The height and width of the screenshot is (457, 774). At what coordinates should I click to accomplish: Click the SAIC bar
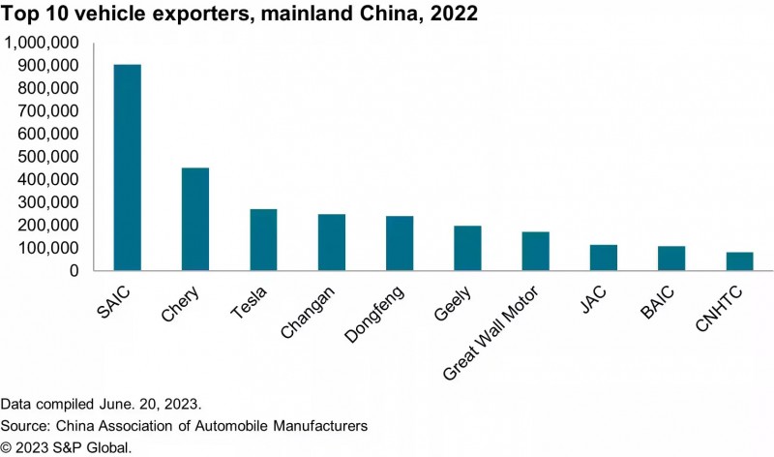128,168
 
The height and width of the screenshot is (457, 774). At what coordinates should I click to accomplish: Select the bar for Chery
195,219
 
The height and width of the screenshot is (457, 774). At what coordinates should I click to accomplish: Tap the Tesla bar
263,239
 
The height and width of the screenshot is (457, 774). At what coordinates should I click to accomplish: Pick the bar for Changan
332,242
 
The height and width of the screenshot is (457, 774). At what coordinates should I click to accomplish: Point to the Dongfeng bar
400,243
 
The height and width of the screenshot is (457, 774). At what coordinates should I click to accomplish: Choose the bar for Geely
467,248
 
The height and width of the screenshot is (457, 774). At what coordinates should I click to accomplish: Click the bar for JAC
604,258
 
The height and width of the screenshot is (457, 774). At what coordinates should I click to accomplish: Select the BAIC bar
671,259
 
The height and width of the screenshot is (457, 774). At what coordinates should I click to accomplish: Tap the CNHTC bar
739,261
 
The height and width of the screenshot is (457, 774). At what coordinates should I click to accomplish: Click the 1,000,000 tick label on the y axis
43,44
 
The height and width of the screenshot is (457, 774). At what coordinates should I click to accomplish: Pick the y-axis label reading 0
73,271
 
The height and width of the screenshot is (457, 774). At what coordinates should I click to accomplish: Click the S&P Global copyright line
66,446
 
